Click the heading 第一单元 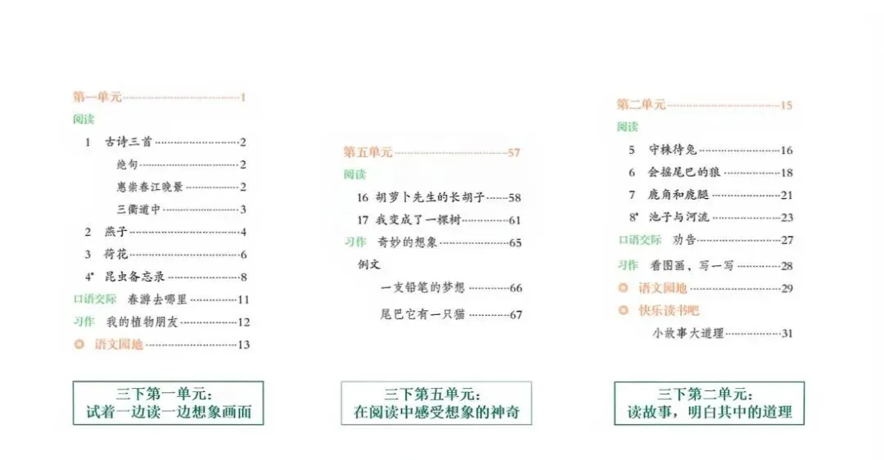pyautogui.click(x=97, y=97)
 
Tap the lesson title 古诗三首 pyautogui.click(x=129, y=142)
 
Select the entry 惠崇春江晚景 pyautogui.click(x=150, y=187)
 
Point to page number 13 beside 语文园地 pyautogui.click(x=243, y=345)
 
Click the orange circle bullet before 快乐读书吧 pyautogui.click(x=624, y=310)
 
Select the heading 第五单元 pyautogui.click(x=368, y=152)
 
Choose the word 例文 pyautogui.click(x=369, y=264)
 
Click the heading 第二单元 pyautogui.click(x=641, y=105)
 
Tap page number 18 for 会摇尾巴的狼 pyautogui.click(x=787, y=173)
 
